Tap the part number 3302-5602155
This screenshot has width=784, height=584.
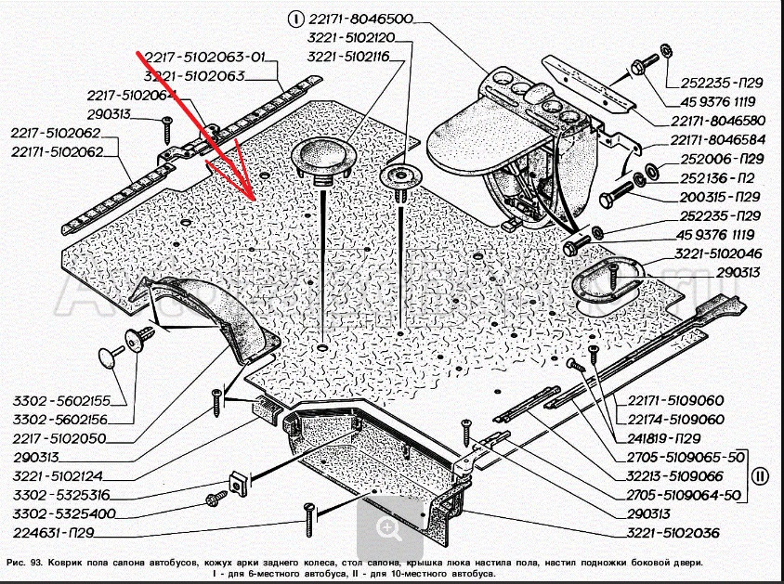(x=62, y=401)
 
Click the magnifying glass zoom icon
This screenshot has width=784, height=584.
(x=387, y=526)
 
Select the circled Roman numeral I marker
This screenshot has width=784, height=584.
(x=296, y=19)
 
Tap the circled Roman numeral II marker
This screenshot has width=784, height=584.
(x=760, y=476)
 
